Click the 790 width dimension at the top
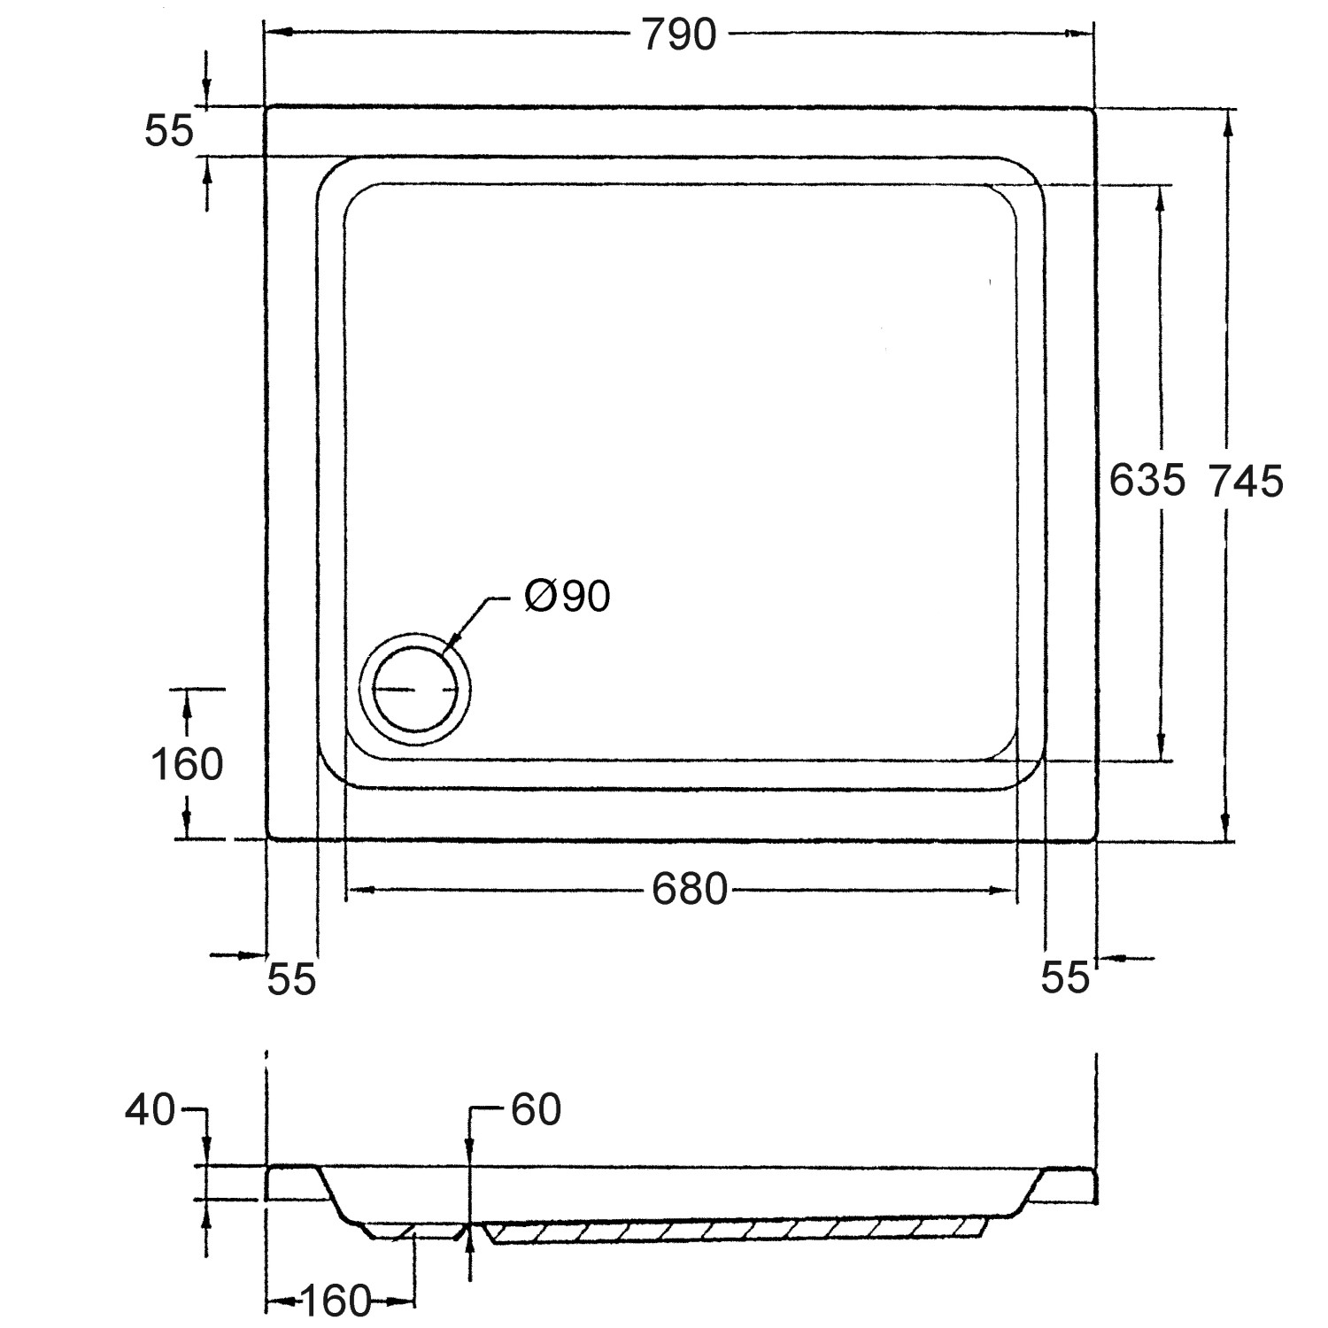[679, 35]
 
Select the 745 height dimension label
[1246, 482]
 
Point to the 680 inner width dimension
[690, 889]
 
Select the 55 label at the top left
[168, 132]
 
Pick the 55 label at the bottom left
[291, 979]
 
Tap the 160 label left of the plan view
[187, 765]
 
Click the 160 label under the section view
[335, 1301]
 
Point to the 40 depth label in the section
[150, 1110]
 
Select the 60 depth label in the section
[536, 1110]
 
